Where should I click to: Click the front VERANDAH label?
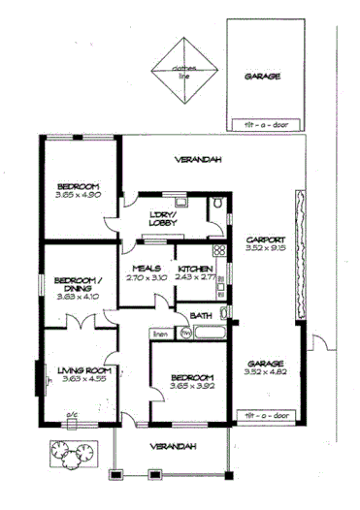pyautogui.click(x=171, y=445)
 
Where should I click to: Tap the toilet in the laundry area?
pyautogui.click(x=219, y=205)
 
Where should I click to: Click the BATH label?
pyautogui.click(x=202, y=315)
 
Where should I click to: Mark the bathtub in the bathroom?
pyautogui.click(x=209, y=333)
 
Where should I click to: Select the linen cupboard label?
pyautogui.click(x=159, y=335)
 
